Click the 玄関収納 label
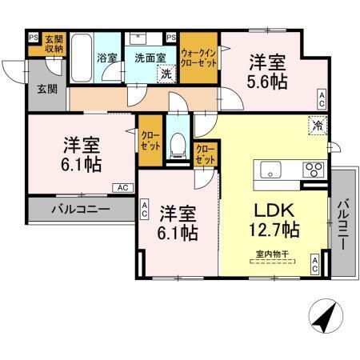pos(54,44)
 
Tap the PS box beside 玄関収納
pos(33,36)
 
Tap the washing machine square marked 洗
pos(166,73)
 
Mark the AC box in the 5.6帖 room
pos(322,99)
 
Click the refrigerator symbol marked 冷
pos(318,124)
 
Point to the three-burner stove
pos(313,169)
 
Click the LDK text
pos(274,210)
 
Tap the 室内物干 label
pos(272,254)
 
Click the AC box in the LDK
pos(315,266)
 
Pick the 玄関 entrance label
pos(45,89)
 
